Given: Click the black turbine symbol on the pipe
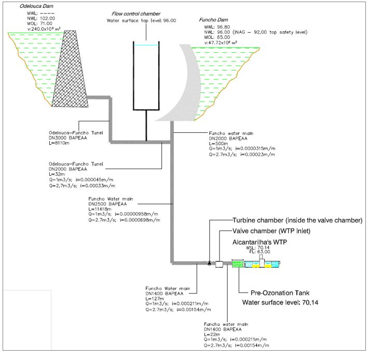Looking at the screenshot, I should [x=209, y=263].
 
